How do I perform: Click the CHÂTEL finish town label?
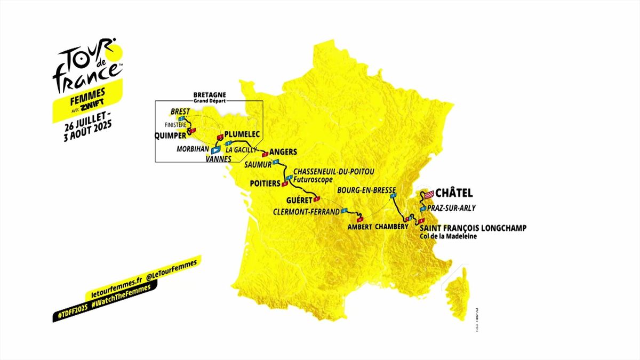(x=454, y=193)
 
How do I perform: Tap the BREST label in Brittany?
(x=180, y=111)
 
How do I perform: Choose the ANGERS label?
(x=283, y=151)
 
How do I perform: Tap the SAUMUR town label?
(x=258, y=164)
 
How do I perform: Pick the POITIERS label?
(x=265, y=183)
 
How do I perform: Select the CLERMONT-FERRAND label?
(x=306, y=211)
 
